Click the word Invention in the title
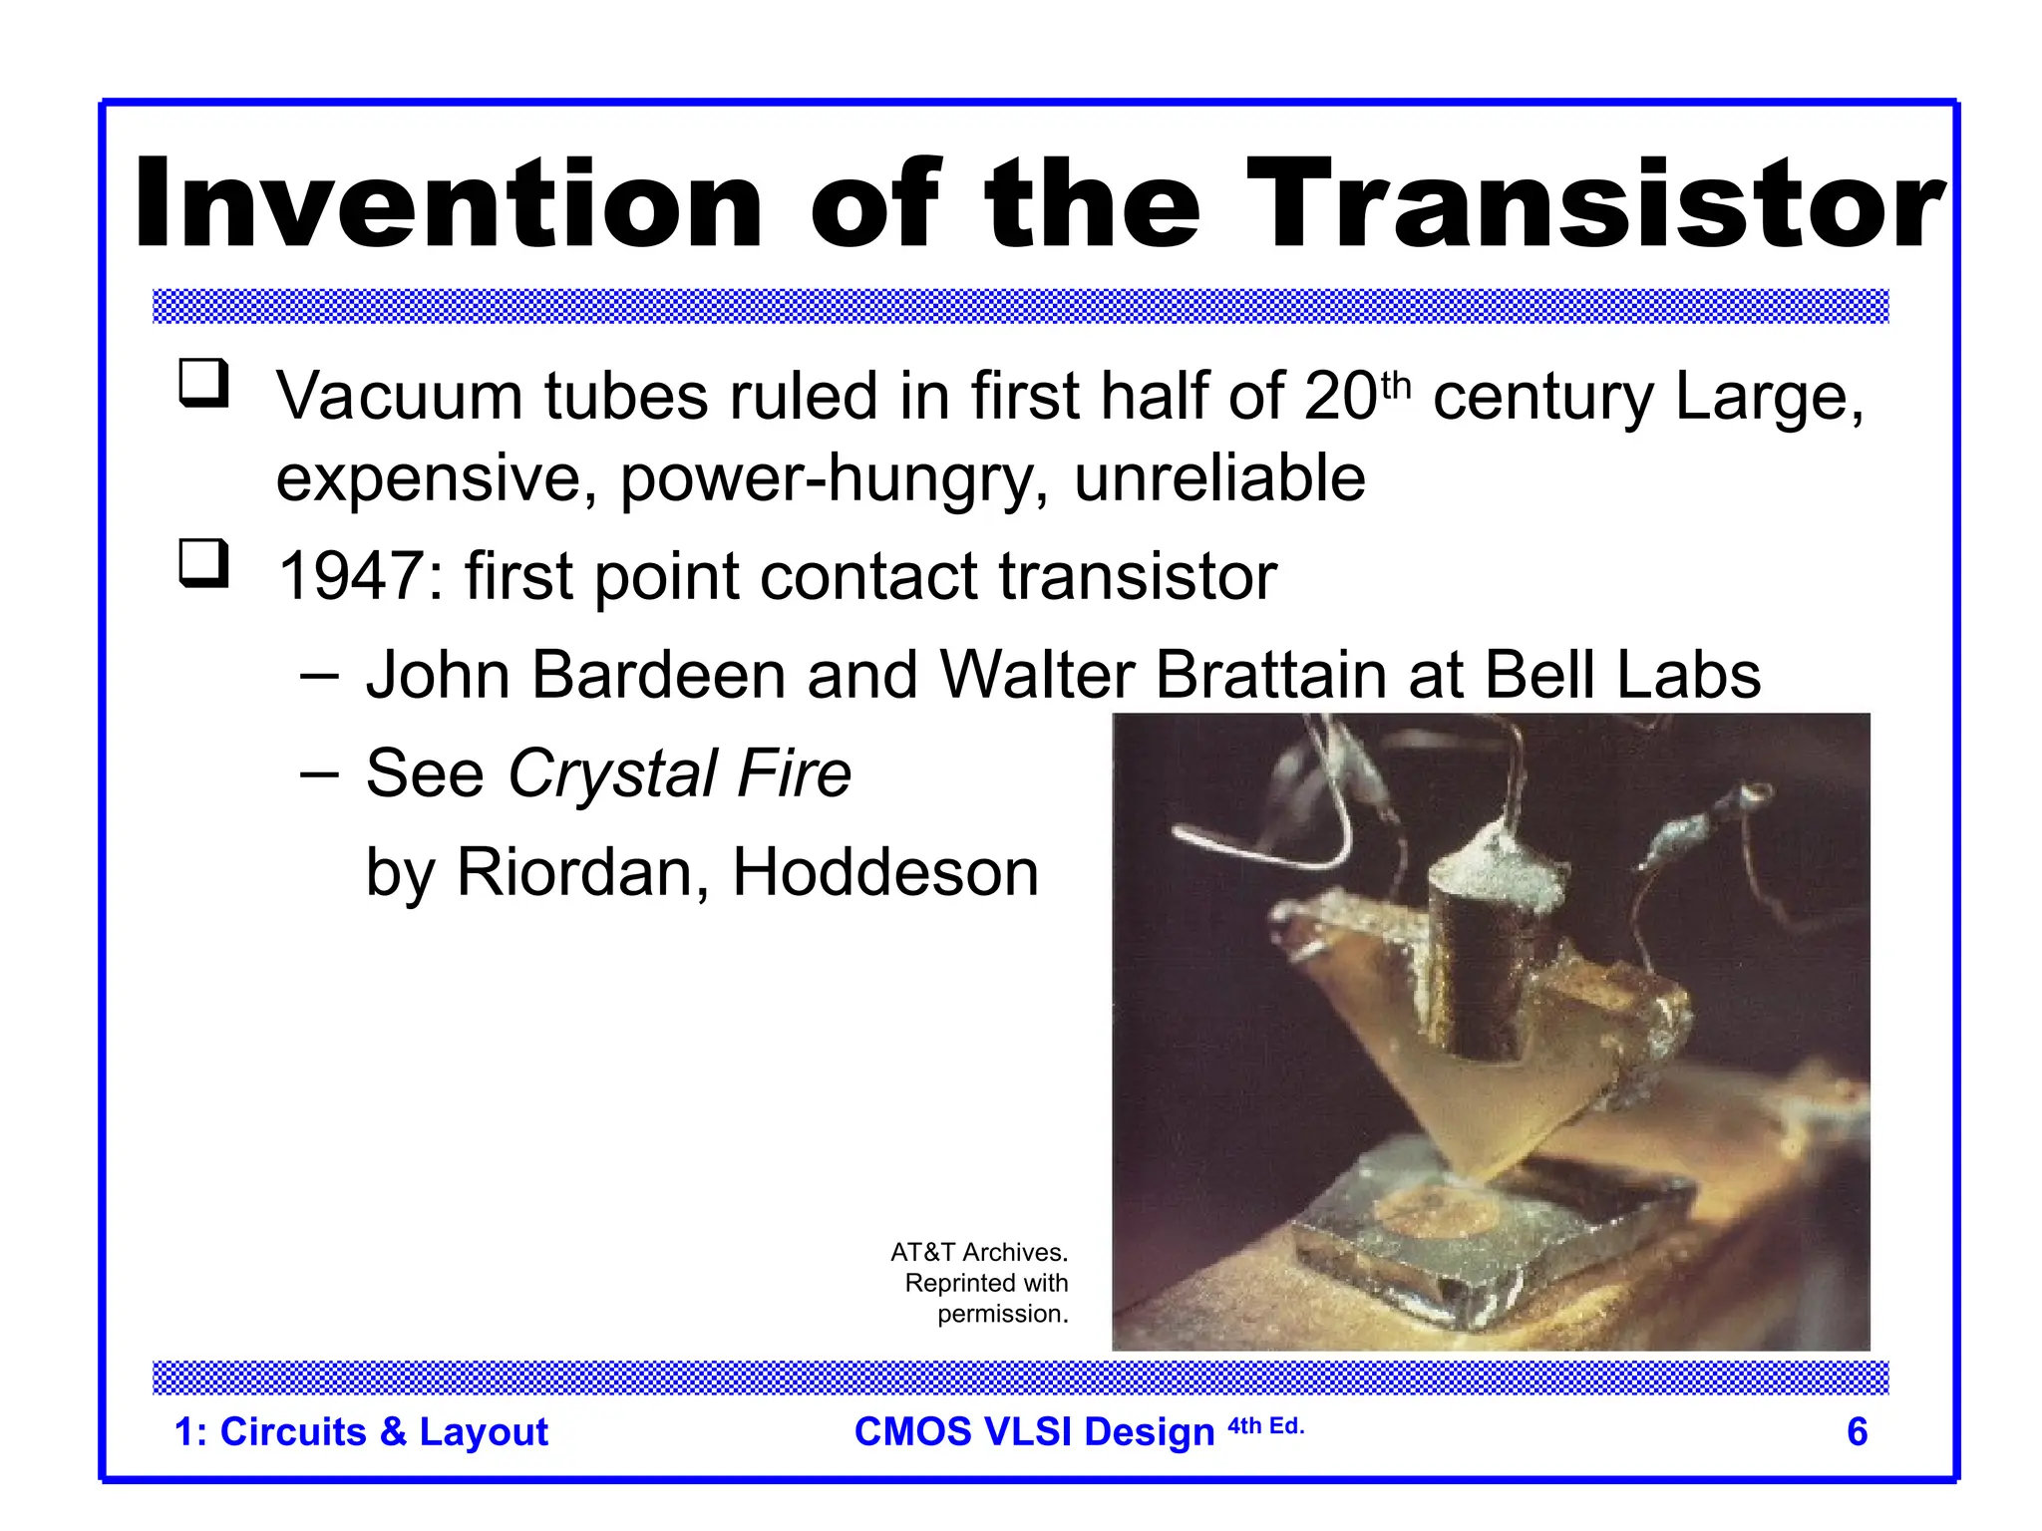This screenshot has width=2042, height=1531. pyautogui.click(x=449, y=204)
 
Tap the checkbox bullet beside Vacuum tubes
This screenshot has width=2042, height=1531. pyautogui.click(x=203, y=384)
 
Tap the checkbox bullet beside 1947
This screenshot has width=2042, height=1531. pyautogui.click(x=203, y=564)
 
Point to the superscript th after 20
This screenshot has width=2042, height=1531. pyautogui.click(x=1397, y=385)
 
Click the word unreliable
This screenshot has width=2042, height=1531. pyautogui.click(x=1218, y=478)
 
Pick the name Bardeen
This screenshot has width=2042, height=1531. pyautogui.click(x=658, y=676)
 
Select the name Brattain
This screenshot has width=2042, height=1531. pyautogui.click(x=1270, y=676)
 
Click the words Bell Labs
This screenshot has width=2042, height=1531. pyautogui.click(x=1621, y=676)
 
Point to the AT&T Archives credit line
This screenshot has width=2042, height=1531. pyautogui.click(x=978, y=1252)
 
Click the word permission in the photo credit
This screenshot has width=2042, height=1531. pyautogui.click(x=1001, y=1314)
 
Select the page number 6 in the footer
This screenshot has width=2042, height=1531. pyautogui.click(x=1857, y=1431)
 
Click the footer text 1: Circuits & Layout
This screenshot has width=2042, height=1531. pyautogui.click(x=361, y=1431)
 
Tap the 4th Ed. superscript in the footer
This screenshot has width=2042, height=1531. pyautogui.click(x=1265, y=1425)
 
